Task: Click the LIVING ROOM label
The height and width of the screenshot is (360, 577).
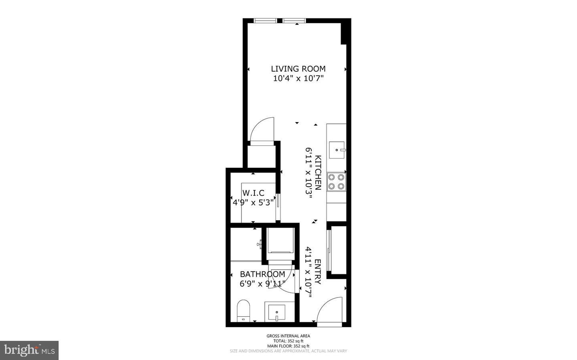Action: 298,69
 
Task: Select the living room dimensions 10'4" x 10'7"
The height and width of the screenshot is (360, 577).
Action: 298,78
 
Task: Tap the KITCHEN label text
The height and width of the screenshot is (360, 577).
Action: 318,173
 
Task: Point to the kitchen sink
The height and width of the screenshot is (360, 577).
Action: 337,150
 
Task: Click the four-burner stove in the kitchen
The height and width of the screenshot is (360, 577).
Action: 336,181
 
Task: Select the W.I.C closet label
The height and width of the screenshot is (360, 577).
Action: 253,193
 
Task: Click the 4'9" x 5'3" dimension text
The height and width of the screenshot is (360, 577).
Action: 253,203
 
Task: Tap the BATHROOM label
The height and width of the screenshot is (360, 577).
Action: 262,274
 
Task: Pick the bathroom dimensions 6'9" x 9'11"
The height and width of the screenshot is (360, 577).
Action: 262,284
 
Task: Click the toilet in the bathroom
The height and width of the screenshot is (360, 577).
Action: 243,310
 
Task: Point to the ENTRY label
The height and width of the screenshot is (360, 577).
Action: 318,272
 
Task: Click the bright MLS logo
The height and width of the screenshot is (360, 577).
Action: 29,350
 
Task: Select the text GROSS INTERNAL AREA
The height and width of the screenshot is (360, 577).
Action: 288,336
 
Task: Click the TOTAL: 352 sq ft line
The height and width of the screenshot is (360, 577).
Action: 288,341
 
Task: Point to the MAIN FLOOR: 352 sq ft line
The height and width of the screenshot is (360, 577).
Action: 288,346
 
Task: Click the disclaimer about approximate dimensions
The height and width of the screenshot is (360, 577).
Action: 288,351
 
